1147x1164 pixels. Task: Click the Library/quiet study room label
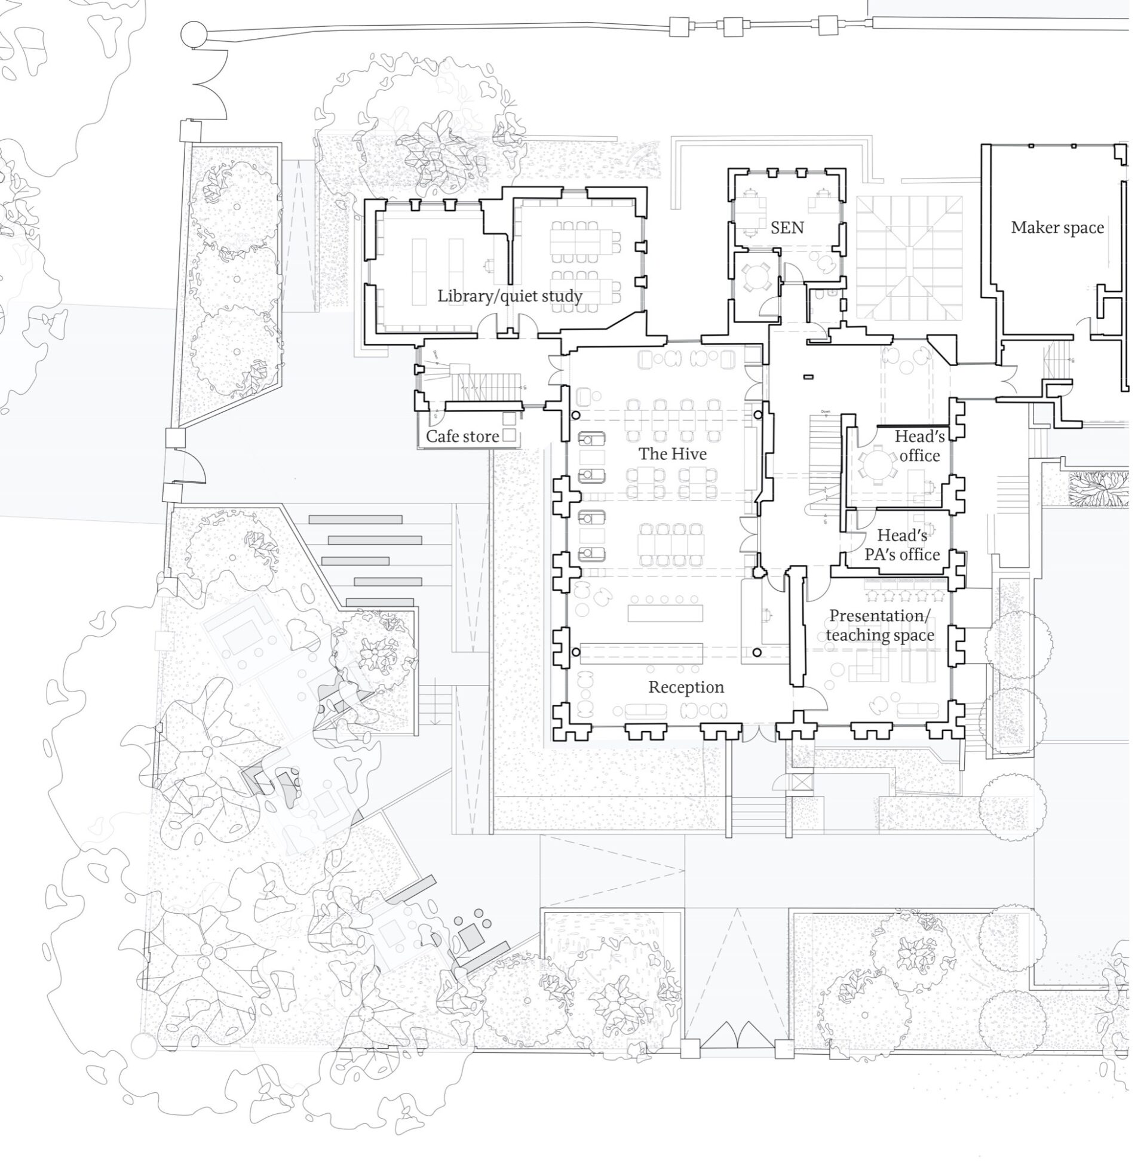(x=510, y=296)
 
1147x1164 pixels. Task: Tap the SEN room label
(x=787, y=228)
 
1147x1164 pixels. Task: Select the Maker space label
(x=1057, y=228)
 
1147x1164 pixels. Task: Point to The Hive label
(x=672, y=453)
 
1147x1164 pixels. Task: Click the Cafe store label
(x=462, y=436)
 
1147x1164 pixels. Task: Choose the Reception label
(x=686, y=687)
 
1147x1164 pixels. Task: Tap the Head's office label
(x=919, y=446)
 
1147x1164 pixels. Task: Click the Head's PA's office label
(x=902, y=544)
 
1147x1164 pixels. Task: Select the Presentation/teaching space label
(x=880, y=625)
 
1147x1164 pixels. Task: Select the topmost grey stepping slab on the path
(x=355, y=519)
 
